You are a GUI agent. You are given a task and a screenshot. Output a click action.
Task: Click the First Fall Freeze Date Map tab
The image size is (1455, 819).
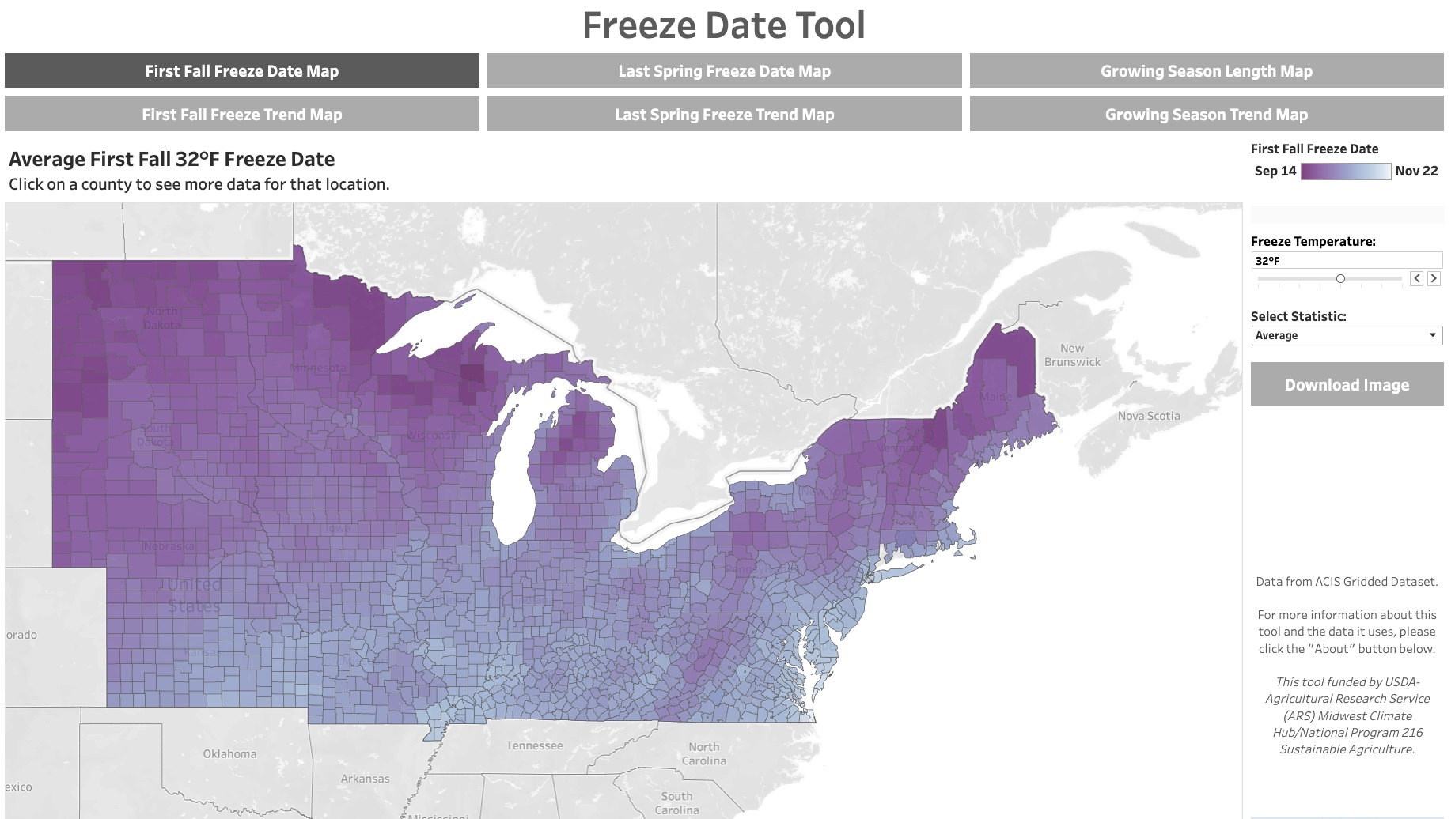[x=241, y=71]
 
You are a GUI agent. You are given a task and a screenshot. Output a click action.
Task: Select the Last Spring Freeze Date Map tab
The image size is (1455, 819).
[x=724, y=71]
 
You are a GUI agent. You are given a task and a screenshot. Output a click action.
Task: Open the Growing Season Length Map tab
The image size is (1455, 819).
[x=1206, y=71]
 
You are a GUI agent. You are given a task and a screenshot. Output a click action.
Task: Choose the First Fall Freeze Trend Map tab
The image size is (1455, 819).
[x=241, y=115]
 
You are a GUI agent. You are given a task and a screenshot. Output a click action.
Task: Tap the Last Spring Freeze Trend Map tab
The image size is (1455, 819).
[x=724, y=115]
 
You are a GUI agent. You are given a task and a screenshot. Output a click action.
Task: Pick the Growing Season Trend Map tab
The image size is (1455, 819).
[x=1206, y=115]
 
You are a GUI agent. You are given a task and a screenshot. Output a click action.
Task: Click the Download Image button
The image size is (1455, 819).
[x=1347, y=385]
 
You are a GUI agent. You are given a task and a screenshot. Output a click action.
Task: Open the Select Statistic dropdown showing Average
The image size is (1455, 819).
[x=1346, y=335]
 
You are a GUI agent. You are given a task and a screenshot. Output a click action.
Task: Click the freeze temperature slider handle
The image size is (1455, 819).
[x=1340, y=278]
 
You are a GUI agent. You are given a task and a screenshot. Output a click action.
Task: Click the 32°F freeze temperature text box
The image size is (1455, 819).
[x=1346, y=261]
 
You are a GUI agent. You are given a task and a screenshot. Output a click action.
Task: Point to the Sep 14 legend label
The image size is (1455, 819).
[x=1275, y=171]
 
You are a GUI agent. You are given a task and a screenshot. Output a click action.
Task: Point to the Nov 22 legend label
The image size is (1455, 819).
[x=1416, y=171]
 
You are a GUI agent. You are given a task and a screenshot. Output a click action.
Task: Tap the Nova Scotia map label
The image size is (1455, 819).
[x=1148, y=416]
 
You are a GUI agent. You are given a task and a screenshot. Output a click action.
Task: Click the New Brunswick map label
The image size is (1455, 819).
[x=1072, y=355]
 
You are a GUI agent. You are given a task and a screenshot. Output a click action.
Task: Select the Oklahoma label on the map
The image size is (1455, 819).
[x=229, y=754]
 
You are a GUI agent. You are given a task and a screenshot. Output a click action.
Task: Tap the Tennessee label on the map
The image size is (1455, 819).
[x=535, y=745]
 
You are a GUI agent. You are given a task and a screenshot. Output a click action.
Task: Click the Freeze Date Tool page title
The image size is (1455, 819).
[x=724, y=25]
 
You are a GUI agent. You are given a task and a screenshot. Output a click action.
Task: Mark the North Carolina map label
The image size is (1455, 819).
[x=703, y=753]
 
